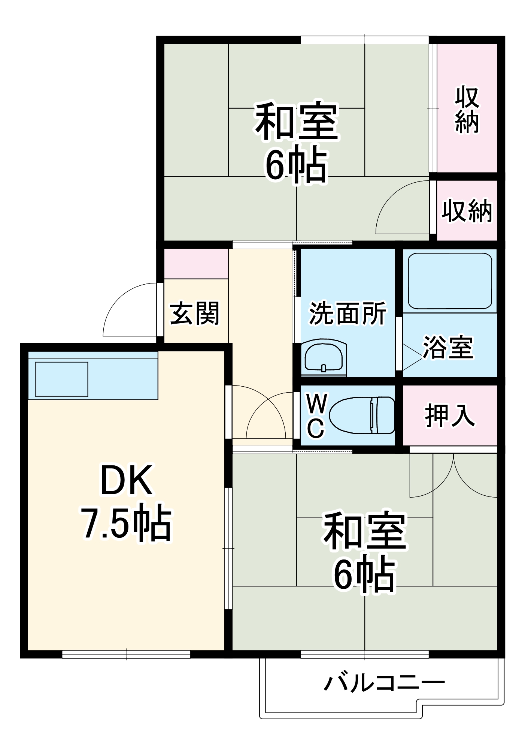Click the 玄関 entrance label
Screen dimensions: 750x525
coord(195,313)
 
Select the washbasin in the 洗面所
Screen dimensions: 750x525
coord(324,357)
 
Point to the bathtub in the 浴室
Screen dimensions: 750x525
coord(450,281)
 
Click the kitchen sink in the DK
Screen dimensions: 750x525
coord(62,379)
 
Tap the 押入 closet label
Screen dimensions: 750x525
coord(450,415)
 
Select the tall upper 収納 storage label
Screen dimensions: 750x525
coord(467,109)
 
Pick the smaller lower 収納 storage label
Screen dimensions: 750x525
coord(467,211)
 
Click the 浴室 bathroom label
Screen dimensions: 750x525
coord(448,347)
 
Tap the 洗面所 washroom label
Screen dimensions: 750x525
coord(348,313)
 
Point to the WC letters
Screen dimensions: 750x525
coord(316,415)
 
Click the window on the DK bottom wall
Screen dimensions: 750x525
coord(126,654)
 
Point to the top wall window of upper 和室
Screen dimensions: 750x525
coord(365,39)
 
